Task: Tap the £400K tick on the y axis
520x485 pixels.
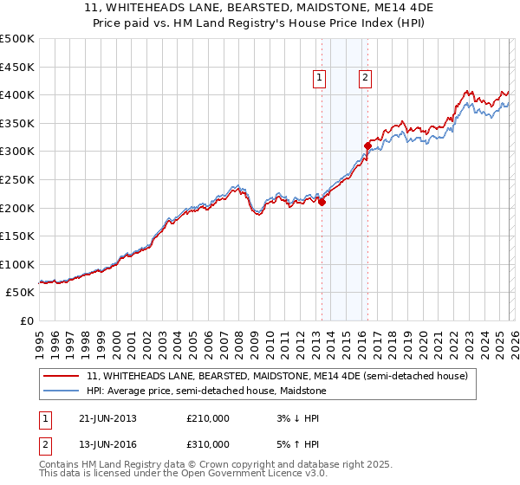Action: tap(17, 94)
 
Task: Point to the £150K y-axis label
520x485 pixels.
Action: tap(17, 236)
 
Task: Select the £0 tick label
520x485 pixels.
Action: tap(26, 320)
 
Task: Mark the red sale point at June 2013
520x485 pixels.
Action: tap(322, 202)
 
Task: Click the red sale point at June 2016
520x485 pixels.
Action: tap(367, 145)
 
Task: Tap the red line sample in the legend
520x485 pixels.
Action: tap(62, 376)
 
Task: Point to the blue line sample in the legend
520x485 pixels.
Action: tap(62, 391)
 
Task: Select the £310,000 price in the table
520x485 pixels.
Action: tap(208, 448)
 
